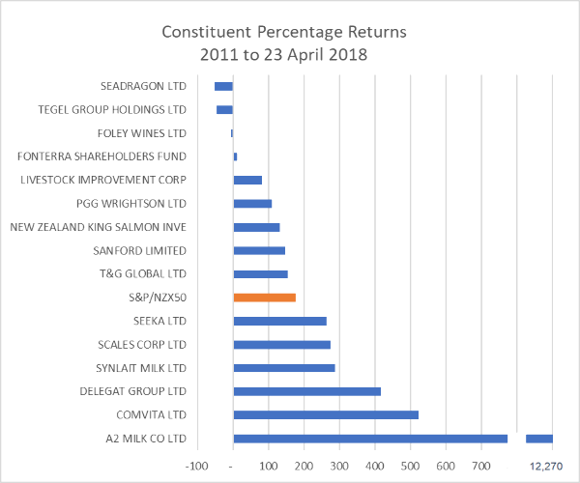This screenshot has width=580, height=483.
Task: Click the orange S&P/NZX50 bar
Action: pyautogui.click(x=264, y=298)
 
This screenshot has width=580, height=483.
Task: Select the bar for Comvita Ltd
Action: pyautogui.click(x=326, y=414)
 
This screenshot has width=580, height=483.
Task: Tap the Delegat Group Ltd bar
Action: pyautogui.click(x=306, y=391)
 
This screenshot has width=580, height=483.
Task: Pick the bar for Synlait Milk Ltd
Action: pyautogui.click(x=284, y=368)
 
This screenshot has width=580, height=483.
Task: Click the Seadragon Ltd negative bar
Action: pyautogui.click(x=223, y=86)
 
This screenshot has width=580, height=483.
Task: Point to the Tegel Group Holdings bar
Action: pyautogui.click(x=224, y=109)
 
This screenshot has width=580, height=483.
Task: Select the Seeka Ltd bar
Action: pyautogui.click(x=279, y=321)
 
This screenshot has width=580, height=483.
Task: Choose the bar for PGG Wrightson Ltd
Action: pyautogui.click(x=252, y=204)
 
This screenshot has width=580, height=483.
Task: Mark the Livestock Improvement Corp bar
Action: pyautogui.click(x=247, y=180)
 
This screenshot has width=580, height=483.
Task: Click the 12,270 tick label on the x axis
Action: pyautogui.click(x=547, y=466)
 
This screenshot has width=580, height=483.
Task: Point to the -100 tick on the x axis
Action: pyautogui.click(x=197, y=466)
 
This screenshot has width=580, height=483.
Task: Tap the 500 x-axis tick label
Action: pyautogui.click(x=411, y=466)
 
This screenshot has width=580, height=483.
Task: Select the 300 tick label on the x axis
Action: pyautogui.click(x=339, y=466)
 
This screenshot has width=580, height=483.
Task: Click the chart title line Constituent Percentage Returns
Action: pyautogui.click(x=284, y=32)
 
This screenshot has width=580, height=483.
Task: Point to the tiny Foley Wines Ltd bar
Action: pyautogui.click(x=232, y=133)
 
